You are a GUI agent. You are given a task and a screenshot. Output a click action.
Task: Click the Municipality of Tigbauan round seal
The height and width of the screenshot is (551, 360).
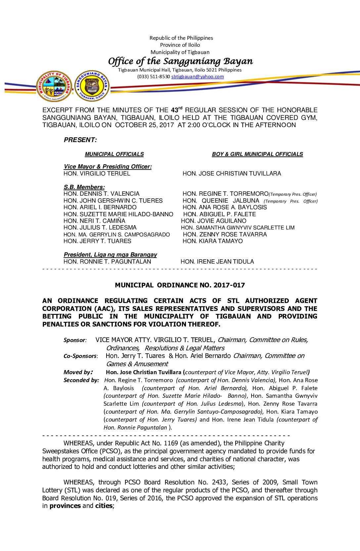(54, 86)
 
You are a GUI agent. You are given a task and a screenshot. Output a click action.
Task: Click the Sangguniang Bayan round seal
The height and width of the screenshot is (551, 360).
(92, 86)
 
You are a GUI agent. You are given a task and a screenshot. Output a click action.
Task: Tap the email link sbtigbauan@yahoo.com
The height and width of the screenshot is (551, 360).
(198, 77)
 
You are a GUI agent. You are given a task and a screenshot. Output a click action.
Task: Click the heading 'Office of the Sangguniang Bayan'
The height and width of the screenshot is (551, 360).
(180, 61)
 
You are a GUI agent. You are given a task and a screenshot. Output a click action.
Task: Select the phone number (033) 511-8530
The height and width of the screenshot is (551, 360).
(154, 77)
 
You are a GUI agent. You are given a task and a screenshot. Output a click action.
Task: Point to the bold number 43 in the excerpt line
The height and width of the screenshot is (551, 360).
(174, 110)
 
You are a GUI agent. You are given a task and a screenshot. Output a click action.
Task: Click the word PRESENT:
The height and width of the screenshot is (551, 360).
(80, 140)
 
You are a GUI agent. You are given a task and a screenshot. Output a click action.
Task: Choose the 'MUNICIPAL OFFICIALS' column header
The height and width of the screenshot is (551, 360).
(114, 154)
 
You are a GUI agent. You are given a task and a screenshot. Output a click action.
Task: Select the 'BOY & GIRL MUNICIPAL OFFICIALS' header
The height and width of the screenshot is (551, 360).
(257, 154)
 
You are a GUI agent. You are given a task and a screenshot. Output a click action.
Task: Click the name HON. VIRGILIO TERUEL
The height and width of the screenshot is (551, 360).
(97, 174)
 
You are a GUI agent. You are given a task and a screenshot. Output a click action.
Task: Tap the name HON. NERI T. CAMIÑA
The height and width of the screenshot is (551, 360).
(94, 221)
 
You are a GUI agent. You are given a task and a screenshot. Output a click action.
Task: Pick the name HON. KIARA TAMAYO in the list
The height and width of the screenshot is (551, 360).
(212, 241)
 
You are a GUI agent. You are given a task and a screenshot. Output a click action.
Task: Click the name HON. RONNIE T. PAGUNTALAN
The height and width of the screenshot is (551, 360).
(107, 262)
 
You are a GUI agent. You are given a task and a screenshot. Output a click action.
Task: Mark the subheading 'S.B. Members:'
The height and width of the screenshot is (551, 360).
(84, 187)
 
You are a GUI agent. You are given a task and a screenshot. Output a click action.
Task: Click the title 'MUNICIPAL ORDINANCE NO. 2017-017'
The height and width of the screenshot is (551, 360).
(180, 285)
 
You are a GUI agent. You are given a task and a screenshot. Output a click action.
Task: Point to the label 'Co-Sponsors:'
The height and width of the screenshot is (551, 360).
(80, 356)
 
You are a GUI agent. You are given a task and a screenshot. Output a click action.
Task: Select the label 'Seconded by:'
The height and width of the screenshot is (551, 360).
(81, 380)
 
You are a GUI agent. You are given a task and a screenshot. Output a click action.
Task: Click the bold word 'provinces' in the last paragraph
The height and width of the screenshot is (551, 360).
(65, 506)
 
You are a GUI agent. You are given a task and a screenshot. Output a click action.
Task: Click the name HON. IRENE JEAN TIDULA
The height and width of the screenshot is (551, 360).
(217, 262)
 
